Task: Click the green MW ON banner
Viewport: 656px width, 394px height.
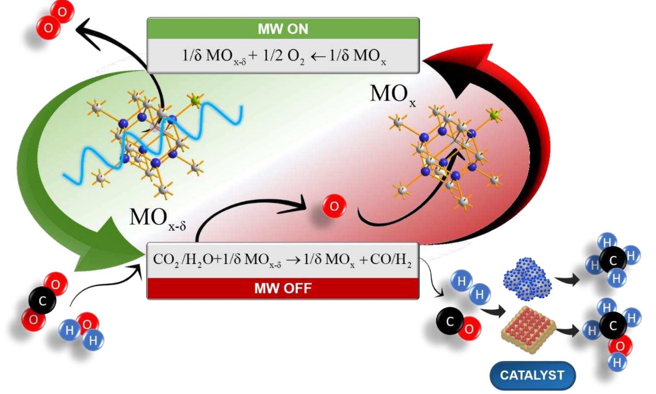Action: pos(283,28)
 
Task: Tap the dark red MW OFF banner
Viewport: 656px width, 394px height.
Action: pos(283,288)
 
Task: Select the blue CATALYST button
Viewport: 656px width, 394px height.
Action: pos(532,375)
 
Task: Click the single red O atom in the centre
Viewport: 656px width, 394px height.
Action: pos(334,206)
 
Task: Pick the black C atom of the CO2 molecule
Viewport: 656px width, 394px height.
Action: pos(42,301)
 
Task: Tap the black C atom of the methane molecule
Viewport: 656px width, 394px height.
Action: pos(613,260)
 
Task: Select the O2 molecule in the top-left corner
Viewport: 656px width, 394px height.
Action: pos(55,20)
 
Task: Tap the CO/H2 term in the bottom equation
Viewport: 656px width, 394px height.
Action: pos(390,260)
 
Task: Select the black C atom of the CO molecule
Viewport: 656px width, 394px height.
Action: pos(449,321)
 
